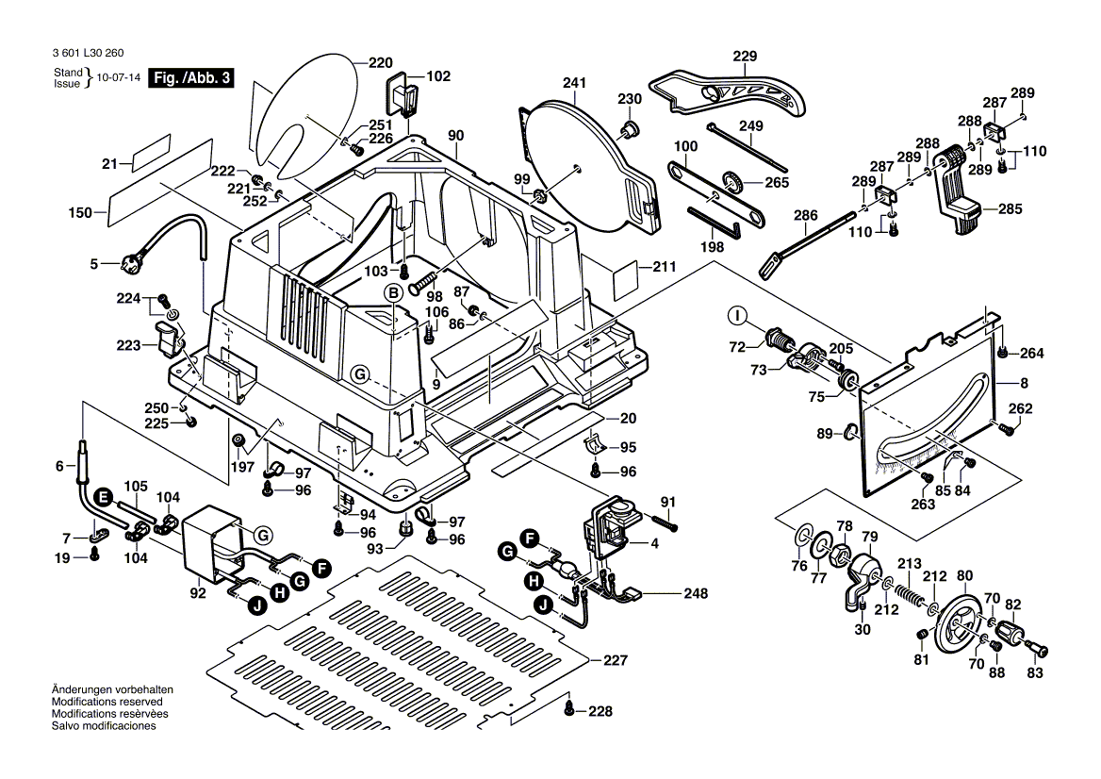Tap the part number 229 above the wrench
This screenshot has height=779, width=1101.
(745, 57)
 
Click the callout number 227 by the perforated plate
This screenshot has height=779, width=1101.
(615, 661)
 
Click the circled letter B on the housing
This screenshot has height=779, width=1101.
(391, 292)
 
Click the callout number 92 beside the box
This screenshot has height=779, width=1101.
(197, 594)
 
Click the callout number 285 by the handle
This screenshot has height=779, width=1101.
(1011, 208)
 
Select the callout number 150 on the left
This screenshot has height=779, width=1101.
(80, 213)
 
